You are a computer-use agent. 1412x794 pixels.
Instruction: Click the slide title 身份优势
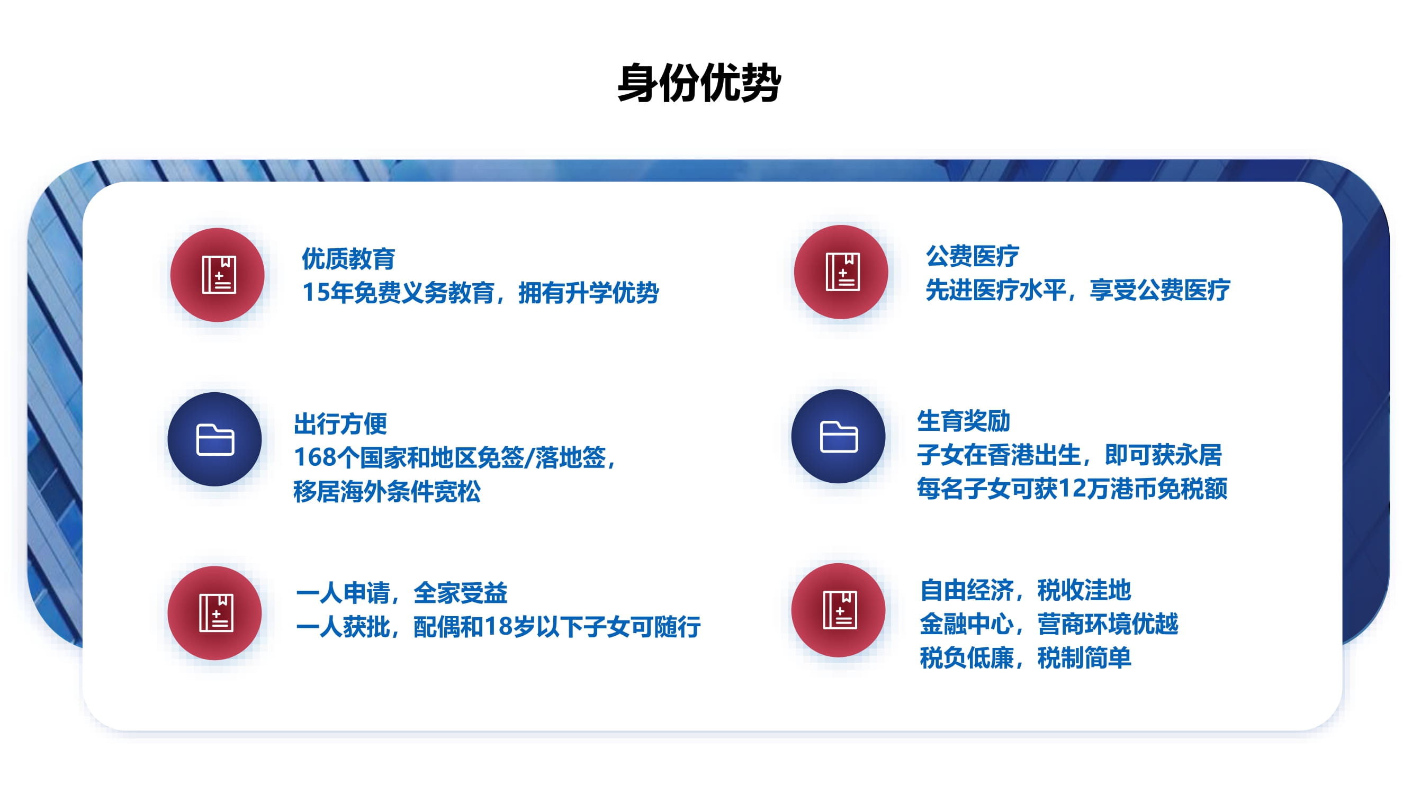tap(699, 83)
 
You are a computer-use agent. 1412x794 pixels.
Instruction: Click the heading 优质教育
tap(348, 259)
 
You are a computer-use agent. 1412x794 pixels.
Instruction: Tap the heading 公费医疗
tap(973, 256)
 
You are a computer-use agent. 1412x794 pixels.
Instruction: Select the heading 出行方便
tap(340, 423)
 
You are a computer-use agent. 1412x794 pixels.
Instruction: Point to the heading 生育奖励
tap(964, 421)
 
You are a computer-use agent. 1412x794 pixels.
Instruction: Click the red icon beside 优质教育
tap(217, 275)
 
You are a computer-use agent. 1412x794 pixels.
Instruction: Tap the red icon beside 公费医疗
tap(841, 272)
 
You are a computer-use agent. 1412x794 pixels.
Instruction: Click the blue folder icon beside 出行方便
tap(215, 439)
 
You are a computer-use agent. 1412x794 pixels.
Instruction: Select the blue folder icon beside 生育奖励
tap(839, 436)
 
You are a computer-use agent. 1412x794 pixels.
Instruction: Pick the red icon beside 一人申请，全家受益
tap(215, 612)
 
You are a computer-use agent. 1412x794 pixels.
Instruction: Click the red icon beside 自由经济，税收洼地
tap(839, 610)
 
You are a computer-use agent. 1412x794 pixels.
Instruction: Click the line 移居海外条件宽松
tap(387, 492)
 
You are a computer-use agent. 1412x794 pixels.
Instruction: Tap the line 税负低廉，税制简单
tap(1025, 658)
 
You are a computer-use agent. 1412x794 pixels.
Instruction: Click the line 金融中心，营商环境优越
tap(1049, 624)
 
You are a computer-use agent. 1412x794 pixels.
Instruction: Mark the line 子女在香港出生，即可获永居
tap(1069, 455)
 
